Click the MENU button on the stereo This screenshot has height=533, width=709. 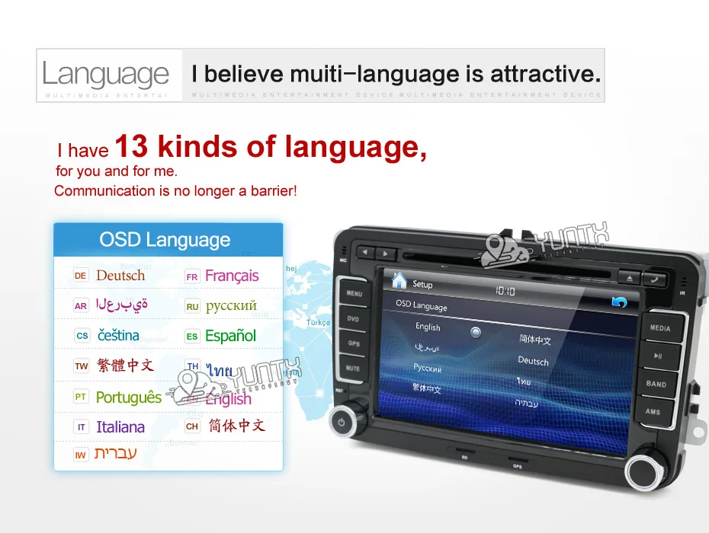[354, 293]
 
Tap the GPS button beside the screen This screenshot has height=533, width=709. [354, 343]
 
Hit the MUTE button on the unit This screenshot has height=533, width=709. [353, 369]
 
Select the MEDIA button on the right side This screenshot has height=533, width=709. [660, 328]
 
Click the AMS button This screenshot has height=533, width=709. [653, 412]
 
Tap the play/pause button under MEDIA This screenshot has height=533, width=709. [658, 356]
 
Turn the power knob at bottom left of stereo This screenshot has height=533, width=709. [342, 422]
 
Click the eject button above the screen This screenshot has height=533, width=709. [629, 277]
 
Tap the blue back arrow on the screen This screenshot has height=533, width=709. [619, 303]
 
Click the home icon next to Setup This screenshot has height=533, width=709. [399, 279]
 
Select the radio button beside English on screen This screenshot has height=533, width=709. [476, 332]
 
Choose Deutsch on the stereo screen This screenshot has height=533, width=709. [533, 361]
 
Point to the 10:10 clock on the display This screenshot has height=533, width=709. [505, 291]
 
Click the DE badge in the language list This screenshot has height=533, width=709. [81, 276]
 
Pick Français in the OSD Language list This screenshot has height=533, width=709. [232, 276]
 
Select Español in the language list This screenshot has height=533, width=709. [230, 336]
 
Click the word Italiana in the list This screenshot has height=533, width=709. [120, 427]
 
